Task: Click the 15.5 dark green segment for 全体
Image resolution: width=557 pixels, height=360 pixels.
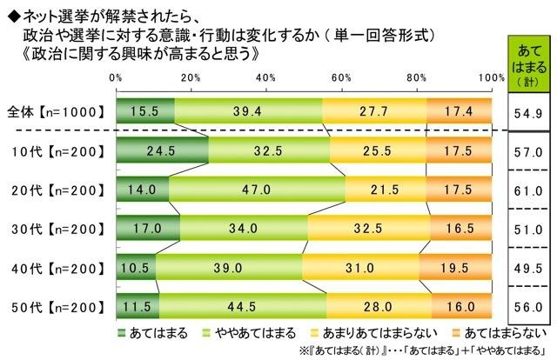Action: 144,111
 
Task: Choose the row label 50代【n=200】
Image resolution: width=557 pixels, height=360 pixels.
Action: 58,307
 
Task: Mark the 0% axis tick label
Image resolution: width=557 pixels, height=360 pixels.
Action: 117,77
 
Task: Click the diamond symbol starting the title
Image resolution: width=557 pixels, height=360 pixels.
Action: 10,12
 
